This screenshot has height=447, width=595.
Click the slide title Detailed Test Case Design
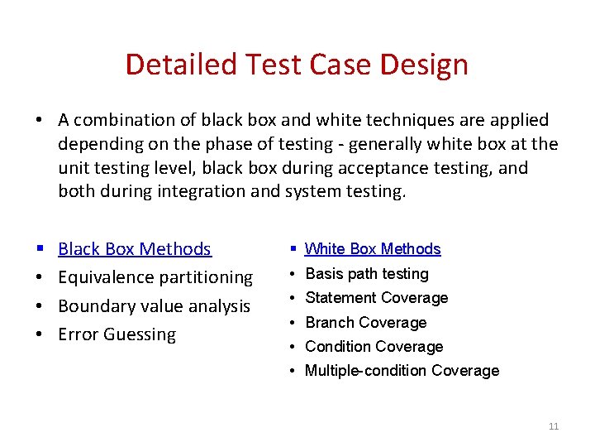click(297, 65)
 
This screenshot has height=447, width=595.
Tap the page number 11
click(554, 426)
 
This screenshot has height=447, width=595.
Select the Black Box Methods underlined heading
click(135, 249)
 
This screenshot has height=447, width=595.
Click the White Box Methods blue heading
click(373, 249)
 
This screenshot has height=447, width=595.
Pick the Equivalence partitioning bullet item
click(155, 277)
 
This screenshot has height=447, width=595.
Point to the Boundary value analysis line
click(154, 305)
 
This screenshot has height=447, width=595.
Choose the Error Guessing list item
click(117, 334)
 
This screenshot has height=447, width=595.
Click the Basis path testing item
click(367, 273)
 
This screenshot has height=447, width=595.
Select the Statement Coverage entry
click(377, 297)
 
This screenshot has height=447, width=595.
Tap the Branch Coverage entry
click(366, 322)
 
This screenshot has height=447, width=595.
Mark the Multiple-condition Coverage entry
click(402, 370)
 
